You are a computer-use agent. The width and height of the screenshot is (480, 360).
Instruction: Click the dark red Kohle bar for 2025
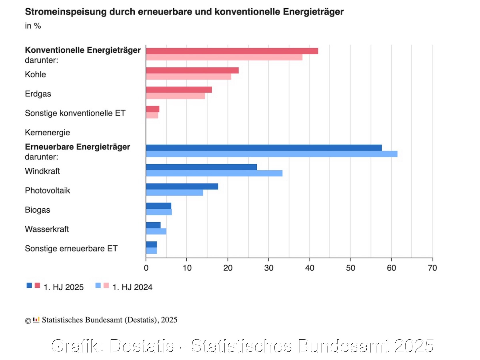(x=192, y=70)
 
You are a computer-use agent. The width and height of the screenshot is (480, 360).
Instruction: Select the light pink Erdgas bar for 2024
(x=175, y=96)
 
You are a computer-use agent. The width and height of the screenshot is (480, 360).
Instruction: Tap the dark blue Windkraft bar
(x=201, y=167)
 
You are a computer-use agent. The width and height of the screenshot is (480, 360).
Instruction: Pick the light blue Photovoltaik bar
(x=174, y=193)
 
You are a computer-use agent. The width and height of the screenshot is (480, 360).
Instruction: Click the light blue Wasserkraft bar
(x=156, y=231)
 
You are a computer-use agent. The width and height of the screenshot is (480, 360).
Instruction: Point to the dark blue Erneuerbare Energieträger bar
(x=264, y=148)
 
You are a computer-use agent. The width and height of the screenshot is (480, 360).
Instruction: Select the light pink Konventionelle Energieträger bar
(x=224, y=57)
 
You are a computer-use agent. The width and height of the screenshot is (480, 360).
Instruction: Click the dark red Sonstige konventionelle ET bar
(x=153, y=109)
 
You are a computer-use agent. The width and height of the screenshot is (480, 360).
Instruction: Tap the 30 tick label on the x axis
(x=268, y=268)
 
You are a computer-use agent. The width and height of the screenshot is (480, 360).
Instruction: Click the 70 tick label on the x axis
(x=432, y=268)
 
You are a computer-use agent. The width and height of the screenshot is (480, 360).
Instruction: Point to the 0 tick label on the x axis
(x=146, y=268)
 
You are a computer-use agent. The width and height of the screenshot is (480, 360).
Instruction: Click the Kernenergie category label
(x=47, y=132)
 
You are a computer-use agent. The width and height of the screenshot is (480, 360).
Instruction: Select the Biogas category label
(x=37, y=210)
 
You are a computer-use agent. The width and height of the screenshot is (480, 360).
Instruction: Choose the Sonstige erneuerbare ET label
(x=71, y=249)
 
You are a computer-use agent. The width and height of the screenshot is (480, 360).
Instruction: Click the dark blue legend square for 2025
(x=29, y=285)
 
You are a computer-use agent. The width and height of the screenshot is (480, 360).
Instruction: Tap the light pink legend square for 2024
(x=106, y=285)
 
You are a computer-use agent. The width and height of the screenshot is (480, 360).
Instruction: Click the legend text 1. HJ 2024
(x=132, y=287)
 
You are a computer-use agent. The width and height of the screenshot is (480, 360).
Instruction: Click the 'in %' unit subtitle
(x=33, y=26)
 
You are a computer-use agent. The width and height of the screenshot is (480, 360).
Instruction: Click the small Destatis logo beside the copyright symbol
(x=36, y=320)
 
